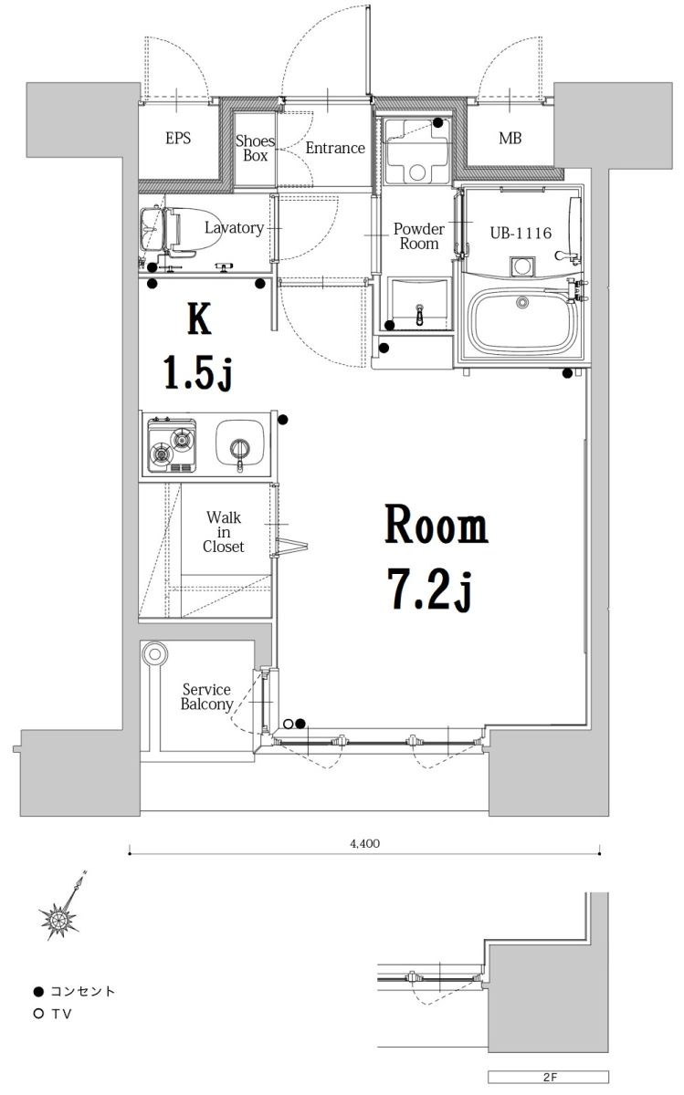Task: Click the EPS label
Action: [x=178, y=140]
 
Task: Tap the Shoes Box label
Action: [x=255, y=148]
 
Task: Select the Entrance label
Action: [x=334, y=148]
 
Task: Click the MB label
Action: [x=510, y=140]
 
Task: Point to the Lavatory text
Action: [x=234, y=228]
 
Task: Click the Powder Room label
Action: [x=418, y=236]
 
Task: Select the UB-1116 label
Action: [x=521, y=234]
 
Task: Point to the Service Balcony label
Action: [x=205, y=697]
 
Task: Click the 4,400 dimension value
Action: [x=364, y=844]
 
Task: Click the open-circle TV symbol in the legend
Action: [x=37, y=1013]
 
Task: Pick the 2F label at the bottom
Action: [x=549, y=1077]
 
